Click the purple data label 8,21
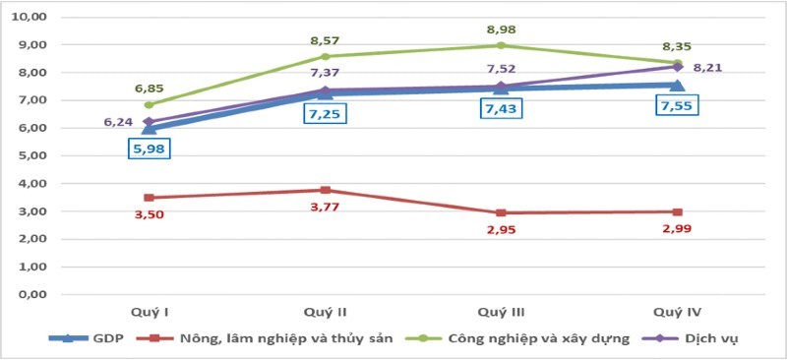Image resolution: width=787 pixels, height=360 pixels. point(705,68)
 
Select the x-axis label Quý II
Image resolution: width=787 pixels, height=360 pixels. point(325,312)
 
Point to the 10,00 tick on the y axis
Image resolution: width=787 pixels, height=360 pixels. point(32,18)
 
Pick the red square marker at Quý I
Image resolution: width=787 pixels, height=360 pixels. point(149,198)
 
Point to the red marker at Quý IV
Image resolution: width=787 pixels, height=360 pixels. point(676,211)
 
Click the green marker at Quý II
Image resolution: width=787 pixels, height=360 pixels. point(325,57)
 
